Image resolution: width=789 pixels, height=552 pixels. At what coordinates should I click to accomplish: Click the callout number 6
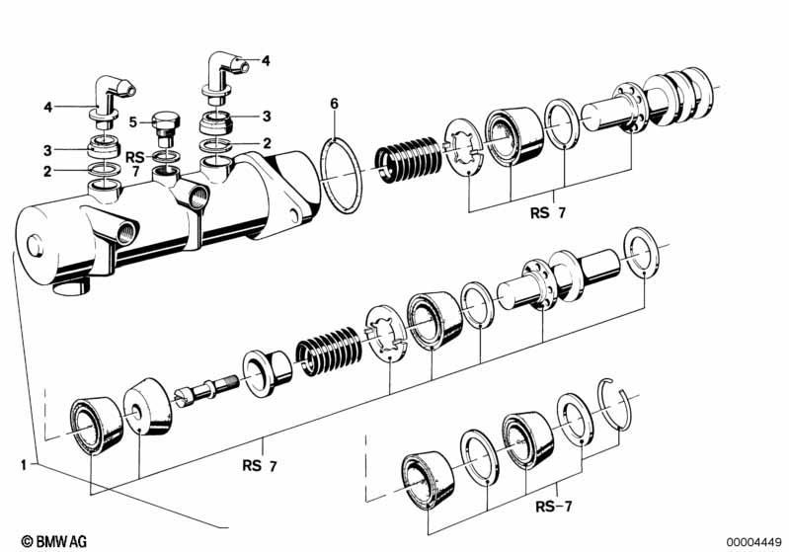334,103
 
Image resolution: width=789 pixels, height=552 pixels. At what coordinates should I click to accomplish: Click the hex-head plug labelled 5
166,129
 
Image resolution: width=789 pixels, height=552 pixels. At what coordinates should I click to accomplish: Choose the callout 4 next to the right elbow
265,60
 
